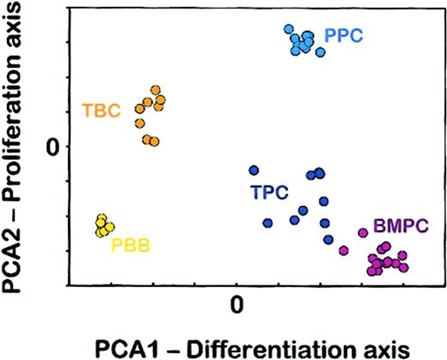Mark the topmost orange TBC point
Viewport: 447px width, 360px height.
coord(156,89)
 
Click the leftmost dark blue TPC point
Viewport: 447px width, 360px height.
coord(254,170)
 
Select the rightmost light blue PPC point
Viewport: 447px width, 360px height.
coord(321,52)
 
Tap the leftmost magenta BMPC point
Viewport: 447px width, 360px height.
coord(344,250)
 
